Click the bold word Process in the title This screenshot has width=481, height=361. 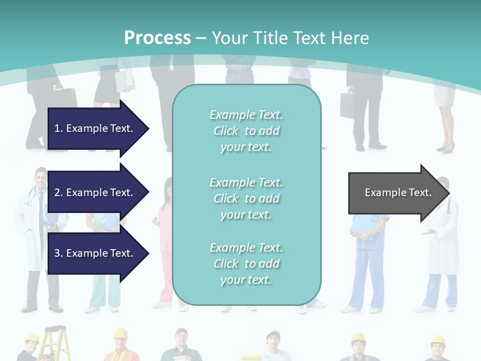pos(157,38)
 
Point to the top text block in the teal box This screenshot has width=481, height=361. pos(247,131)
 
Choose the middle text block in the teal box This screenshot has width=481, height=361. pos(247,199)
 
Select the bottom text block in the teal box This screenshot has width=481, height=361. pos(247,264)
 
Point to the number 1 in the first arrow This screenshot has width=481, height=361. pos(57,128)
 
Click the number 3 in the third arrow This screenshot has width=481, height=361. pos(57,253)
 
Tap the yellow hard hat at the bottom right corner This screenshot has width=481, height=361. pos(437,341)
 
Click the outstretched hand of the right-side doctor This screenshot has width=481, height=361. pos(427,232)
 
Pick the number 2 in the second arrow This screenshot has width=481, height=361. pos(57,193)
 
